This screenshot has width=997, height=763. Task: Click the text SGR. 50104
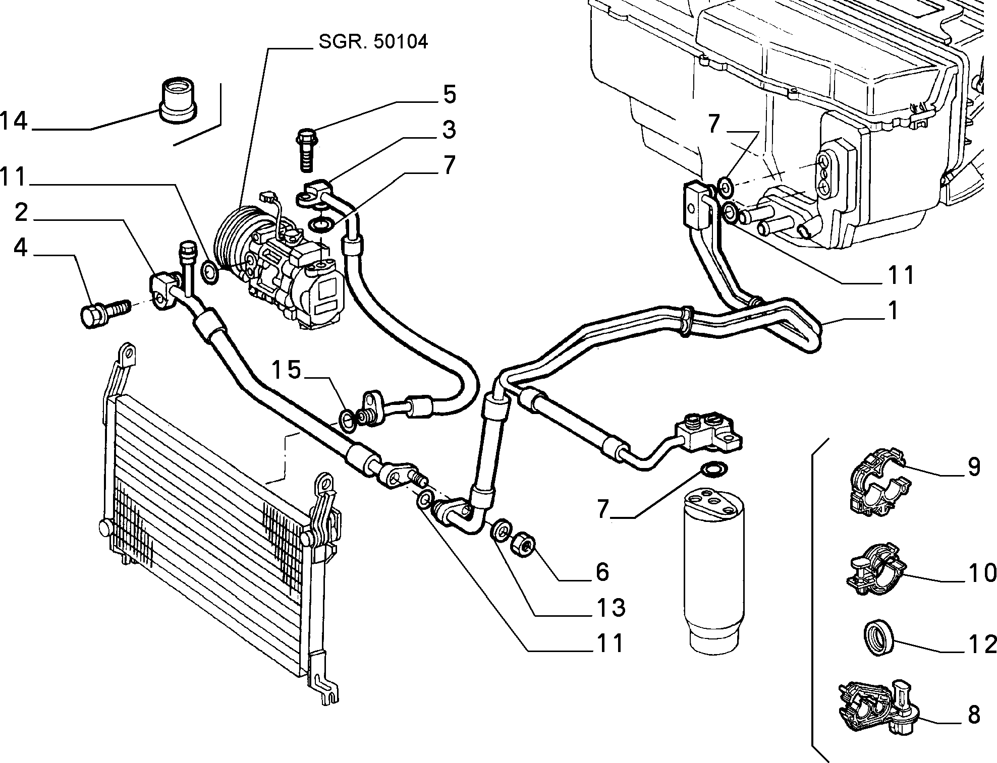pyautogui.click(x=373, y=42)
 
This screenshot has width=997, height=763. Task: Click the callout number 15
pyautogui.click(x=287, y=371)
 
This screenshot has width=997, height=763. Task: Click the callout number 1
pyautogui.click(x=893, y=311)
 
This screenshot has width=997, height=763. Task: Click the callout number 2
pyautogui.click(x=21, y=213)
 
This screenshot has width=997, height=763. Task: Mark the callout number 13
pyautogui.click(x=612, y=607)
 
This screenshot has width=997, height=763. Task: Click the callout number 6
pyautogui.click(x=602, y=571)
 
